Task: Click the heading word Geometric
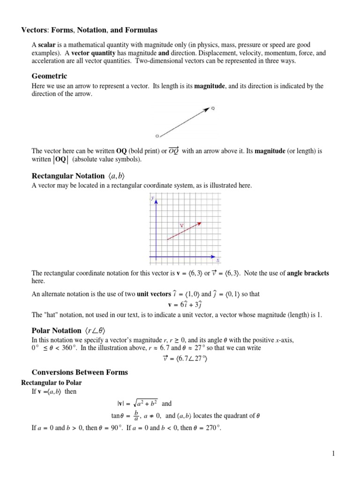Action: pos(49,76)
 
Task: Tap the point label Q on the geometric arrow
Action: pos(213,109)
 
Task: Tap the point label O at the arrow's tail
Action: pos(157,136)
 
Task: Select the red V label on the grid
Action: pos(181,225)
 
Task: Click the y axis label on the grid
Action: pos(153,199)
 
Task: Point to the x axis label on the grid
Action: pos(218,260)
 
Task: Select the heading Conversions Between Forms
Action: pos(79,373)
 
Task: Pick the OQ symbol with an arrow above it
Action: pos(173,150)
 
